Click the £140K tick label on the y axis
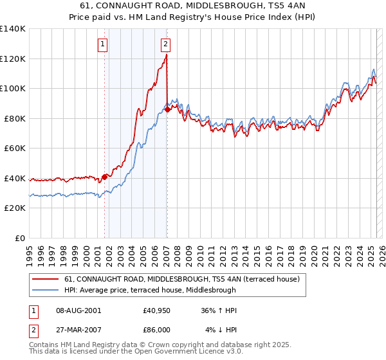coord(13,29)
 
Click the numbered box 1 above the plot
coord(104,44)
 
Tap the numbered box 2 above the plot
coord(165,44)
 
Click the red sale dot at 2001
coord(104,176)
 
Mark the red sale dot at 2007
coord(167,109)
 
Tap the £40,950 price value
coord(157,310)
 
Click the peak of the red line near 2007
coord(167,55)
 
